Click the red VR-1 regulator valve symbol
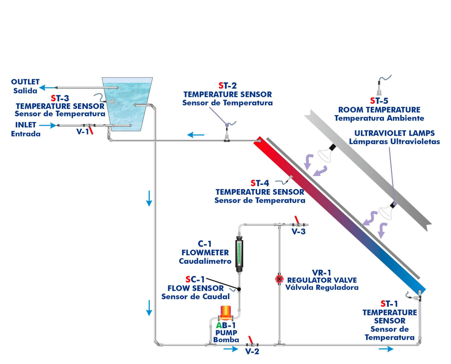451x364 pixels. [x=279, y=279]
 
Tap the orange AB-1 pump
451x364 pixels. [x=225, y=313]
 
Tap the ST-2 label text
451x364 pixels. [x=228, y=86]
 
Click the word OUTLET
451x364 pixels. [x=25, y=82]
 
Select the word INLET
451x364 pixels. [x=26, y=125]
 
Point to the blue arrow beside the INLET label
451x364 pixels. [x=48, y=125]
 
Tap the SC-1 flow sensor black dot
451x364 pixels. [x=239, y=289]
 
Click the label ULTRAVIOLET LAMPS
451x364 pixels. [x=394, y=133]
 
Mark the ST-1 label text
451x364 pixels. [x=389, y=304]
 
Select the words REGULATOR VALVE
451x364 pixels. [x=322, y=280]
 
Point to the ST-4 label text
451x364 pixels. [x=260, y=183]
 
